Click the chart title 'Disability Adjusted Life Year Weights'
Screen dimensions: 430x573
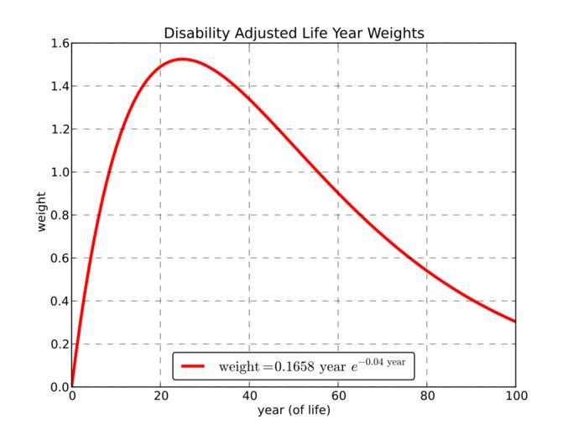pos(294,34)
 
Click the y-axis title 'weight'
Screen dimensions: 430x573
pos(41,215)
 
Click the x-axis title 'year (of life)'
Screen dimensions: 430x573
pos(294,410)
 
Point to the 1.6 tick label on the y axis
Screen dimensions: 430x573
pos(59,44)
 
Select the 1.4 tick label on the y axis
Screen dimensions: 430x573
pos(59,87)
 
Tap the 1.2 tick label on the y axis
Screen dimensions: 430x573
pos(59,129)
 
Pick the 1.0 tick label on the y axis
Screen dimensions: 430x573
pos(59,172)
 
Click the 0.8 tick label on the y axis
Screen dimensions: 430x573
pos(59,216)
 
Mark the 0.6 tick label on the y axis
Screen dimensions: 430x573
pos(59,259)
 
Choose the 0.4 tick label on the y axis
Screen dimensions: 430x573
pos(59,302)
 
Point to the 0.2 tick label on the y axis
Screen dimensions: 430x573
pos(59,344)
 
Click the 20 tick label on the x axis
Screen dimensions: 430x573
pos(161,396)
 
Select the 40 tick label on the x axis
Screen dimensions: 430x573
pos(250,396)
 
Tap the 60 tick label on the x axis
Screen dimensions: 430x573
pos(338,396)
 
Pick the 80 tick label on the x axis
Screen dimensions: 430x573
pos(427,396)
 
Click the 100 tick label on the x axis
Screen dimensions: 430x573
pos(515,396)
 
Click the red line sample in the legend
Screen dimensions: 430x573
pos(193,366)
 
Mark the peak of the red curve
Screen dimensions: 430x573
pos(183,59)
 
